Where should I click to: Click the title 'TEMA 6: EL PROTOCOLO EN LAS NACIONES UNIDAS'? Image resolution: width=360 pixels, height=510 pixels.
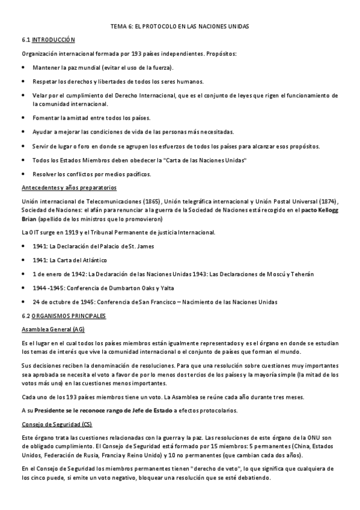180,27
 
